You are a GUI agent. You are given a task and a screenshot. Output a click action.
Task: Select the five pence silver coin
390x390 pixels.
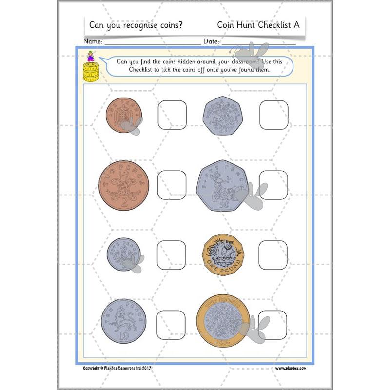(x=122, y=253)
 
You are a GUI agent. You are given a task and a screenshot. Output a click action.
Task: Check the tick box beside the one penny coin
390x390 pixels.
(x=172, y=116)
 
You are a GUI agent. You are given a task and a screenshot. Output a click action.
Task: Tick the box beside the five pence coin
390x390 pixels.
(x=171, y=255)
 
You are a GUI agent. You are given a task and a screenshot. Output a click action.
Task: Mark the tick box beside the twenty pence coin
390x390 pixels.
(x=273, y=115)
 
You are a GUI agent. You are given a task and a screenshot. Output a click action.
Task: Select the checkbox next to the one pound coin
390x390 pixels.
(x=273, y=255)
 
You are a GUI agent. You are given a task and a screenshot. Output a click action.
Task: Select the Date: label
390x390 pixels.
(x=211, y=41)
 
